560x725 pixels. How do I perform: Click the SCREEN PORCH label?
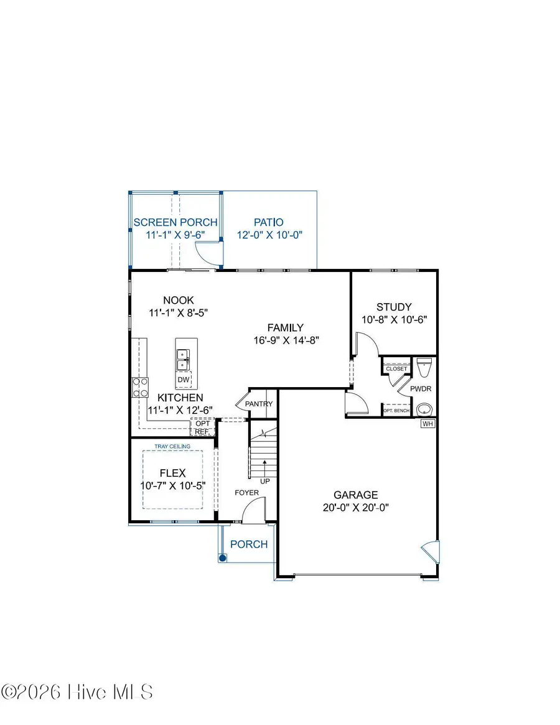tap(175, 222)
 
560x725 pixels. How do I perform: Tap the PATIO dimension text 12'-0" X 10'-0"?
tap(268, 236)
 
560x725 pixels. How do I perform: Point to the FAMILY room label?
tap(285, 327)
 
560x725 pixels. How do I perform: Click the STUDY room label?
tap(394, 307)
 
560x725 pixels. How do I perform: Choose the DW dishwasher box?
tap(184, 380)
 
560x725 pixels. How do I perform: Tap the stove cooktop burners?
tap(140, 388)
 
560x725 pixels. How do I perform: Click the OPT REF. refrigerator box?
tap(203, 428)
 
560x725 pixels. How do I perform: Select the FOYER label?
tap(246, 493)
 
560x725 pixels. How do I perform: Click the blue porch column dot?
tap(222, 558)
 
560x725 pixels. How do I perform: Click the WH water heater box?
tap(427, 424)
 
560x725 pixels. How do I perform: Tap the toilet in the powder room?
tap(424, 368)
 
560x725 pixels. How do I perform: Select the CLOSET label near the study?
tap(396, 368)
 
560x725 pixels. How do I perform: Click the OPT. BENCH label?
tap(396, 411)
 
